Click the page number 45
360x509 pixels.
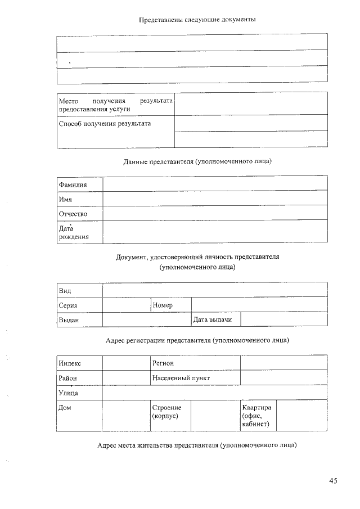click(x=333, y=481)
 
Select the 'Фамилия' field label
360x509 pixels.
click(x=73, y=184)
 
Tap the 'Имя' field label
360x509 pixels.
click(x=65, y=199)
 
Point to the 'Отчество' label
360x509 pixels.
click(x=73, y=214)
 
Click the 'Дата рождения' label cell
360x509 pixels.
click(x=74, y=232)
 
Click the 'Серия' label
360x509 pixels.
click(x=68, y=305)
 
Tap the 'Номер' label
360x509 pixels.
click(x=163, y=305)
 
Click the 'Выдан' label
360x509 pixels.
click(x=69, y=320)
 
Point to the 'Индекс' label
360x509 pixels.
click(x=70, y=363)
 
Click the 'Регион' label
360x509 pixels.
click(x=163, y=363)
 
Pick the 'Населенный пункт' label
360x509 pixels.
click(x=181, y=378)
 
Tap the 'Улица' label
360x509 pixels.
click(x=68, y=393)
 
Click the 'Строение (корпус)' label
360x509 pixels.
click(x=165, y=411)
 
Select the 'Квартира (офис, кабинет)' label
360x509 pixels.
click(x=257, y=415)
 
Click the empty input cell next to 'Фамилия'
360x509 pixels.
click(x=215, y=184)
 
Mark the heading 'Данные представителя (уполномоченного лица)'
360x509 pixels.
click(x=197, y=161)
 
